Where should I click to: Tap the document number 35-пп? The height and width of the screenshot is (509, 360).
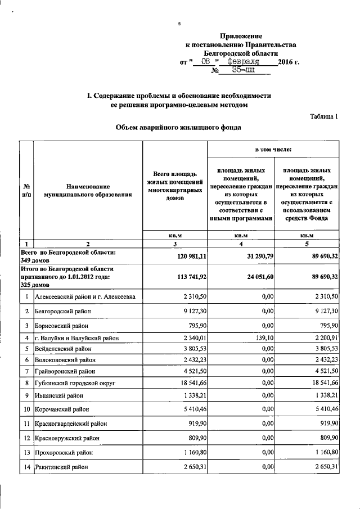click(243, 70)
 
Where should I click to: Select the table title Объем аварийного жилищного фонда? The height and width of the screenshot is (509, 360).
click(178, 128)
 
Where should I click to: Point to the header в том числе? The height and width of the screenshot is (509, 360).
click(273, 150)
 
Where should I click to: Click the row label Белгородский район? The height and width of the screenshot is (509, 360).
click(62, 310)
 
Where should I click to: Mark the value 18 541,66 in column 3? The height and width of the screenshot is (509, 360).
click(191, 382)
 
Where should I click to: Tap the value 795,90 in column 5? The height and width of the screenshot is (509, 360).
click(327, 325)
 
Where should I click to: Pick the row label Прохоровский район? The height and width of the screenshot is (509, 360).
click(65, 452)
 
